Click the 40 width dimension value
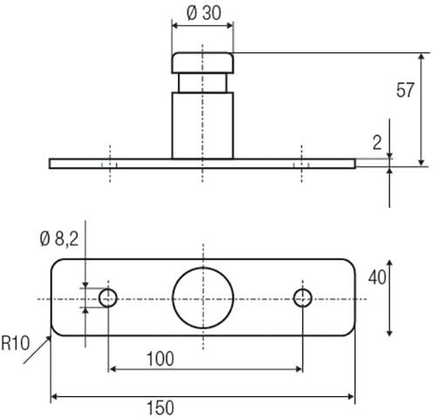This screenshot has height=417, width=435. pos(377,278)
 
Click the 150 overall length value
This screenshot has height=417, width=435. pos(160,407)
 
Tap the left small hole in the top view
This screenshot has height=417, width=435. pos(108,298)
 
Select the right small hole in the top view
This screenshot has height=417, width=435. pos(302,298)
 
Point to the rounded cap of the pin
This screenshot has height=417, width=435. pos(202,63)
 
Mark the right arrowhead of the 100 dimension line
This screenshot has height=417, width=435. pos(298,369)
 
